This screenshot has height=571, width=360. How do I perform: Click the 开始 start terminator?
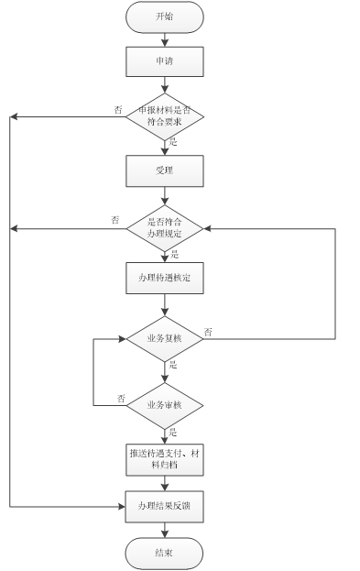click(x=164, y=16)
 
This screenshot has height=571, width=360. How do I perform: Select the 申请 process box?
click(x=164, y=61)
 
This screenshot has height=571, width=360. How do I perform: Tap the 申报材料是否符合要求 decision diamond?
click(x=164, y=117)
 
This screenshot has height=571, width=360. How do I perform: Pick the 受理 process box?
click(x=164, y=170)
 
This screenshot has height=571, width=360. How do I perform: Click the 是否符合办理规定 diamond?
click(x=164, y=228)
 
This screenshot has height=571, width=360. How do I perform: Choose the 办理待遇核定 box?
click(x=164, y=278)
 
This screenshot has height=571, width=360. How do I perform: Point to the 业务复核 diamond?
click(x=164, y=339)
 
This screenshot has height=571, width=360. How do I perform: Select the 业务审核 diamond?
click(x=164, y=404)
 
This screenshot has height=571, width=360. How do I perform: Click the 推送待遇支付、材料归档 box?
click(x=164, y=460)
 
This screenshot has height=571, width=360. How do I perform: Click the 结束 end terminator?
click(x=164, y=553)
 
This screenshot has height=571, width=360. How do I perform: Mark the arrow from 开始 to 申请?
click(x=164, y=38)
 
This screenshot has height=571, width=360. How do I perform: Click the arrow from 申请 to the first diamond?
click(x=164, y=85)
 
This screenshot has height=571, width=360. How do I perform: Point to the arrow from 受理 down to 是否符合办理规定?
click(x=164, y=197)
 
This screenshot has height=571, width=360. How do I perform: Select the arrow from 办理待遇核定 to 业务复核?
click(x=164, y=305)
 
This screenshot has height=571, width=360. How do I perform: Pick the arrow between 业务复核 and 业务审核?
click(x=164, y=372)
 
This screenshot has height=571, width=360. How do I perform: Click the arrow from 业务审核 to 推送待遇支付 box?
click(x=164, y=434)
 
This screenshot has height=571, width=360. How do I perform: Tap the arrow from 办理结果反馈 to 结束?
click(x=164, y=529)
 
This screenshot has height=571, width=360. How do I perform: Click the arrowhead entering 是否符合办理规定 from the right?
click(x=208, y=228)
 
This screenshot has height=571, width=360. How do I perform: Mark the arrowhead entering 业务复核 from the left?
click(x=121, y=339)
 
